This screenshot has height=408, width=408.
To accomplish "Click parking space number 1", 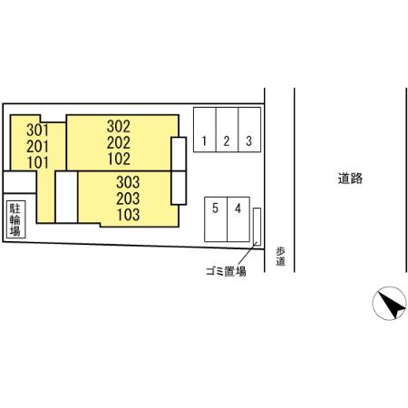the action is click(x=205, y=130).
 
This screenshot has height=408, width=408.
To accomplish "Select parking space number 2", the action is click(x=227, y=130).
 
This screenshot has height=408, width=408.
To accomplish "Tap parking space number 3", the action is click(x=249, y=130).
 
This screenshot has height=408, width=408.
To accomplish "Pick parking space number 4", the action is click(x=238, y=219).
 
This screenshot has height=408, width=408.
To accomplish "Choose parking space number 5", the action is click(x=216, y=219).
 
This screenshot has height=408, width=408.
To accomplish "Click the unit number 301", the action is click(x=37, y=131).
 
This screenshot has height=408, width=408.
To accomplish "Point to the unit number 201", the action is click(x=37, y=147).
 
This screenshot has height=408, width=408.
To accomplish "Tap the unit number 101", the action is click(x=38, y=162).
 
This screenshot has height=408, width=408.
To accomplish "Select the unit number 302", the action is click(x=119, y=126).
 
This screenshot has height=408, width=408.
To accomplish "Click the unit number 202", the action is click(x=119, y=142).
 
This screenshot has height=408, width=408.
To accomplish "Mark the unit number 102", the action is click(x=119, y=159).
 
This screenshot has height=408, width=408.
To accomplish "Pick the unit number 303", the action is click(x=128, y=182).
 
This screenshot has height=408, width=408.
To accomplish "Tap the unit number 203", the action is click(x=128, y=199).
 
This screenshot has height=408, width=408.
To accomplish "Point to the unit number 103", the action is click(x=129, y=215).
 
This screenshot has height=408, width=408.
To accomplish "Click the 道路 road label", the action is click(x=350, y=179).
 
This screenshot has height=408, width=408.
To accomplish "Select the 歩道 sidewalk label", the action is click(x=280, y=257).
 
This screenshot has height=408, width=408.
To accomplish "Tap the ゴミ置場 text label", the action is click(x=226, y=271).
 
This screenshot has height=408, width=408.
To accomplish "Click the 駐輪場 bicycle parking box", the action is click(x=15, y=219).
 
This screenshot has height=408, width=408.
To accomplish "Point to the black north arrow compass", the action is click(x=390, y=303).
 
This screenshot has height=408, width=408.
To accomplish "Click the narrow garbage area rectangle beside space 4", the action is click(x=257, y=227).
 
